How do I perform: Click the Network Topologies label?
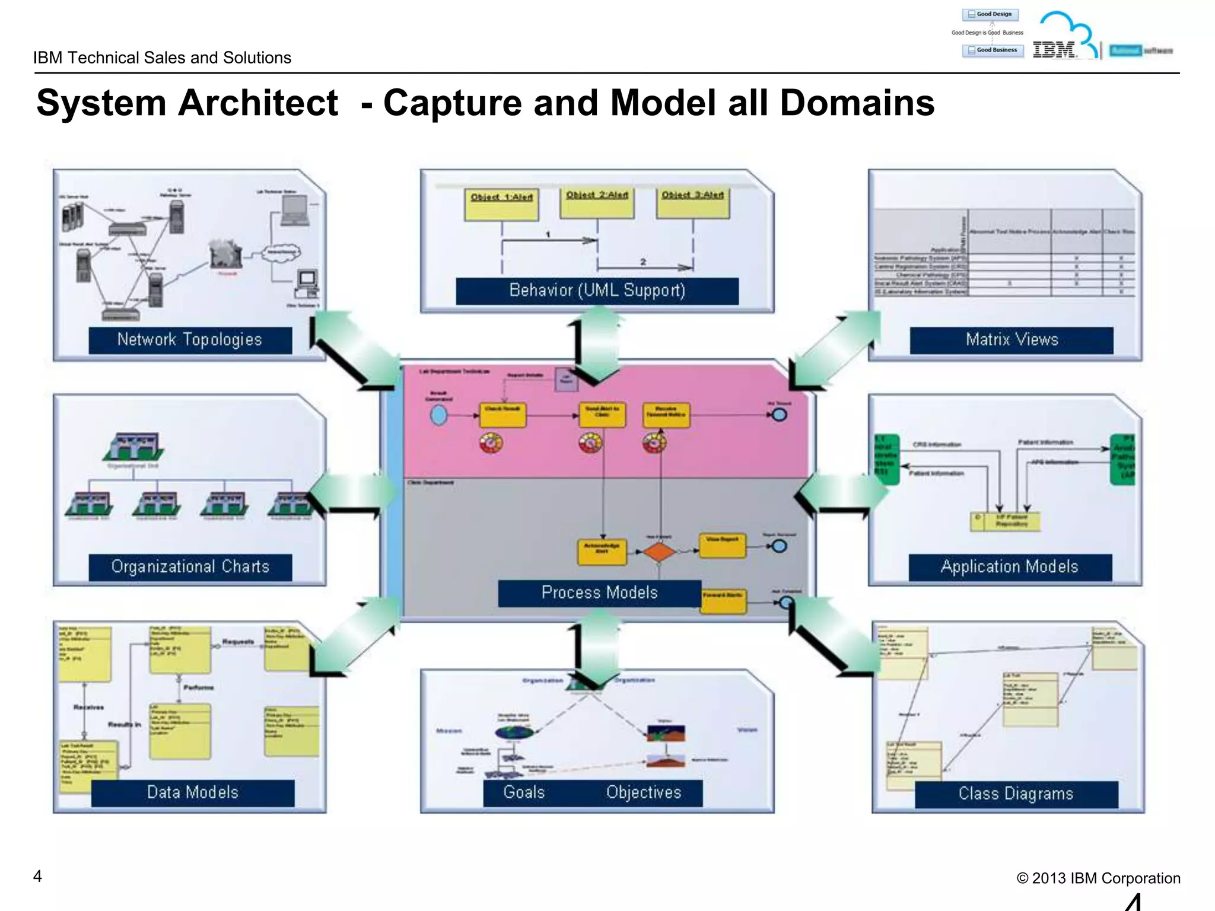[x=190, y=340]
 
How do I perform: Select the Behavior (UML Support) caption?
[x=597, y=291]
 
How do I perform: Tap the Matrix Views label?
[x=1012, y=340]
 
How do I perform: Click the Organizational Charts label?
[x=190, y=567]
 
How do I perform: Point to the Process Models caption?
[x=599, y=593]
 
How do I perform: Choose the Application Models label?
[x=1009, y=567]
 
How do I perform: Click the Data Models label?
[x=192, y=792]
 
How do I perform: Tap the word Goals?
[x=524, y=792]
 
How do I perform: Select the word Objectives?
[x=644, y=792]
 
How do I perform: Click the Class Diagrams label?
[x=1016, y=794]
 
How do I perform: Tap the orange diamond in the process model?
[x=659, y=552]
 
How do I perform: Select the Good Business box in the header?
[x=993, y=50]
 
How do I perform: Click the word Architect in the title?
[x=258, y=103]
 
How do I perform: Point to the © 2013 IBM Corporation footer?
[x=1098, y=878]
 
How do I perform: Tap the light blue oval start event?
[x=438, y=415]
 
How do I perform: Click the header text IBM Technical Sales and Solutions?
[x=162, y=58]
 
